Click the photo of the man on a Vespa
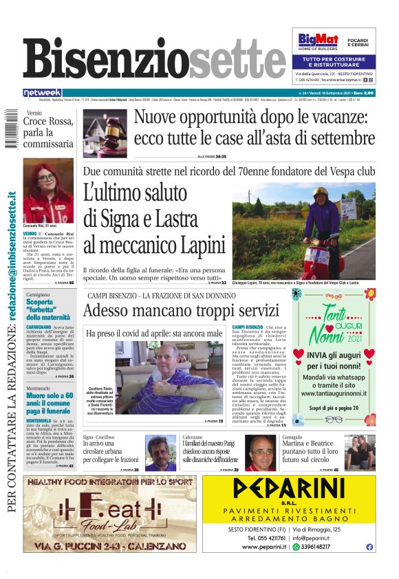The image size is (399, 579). click(304, 226)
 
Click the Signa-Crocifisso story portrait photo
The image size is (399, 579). click(161, 452)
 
